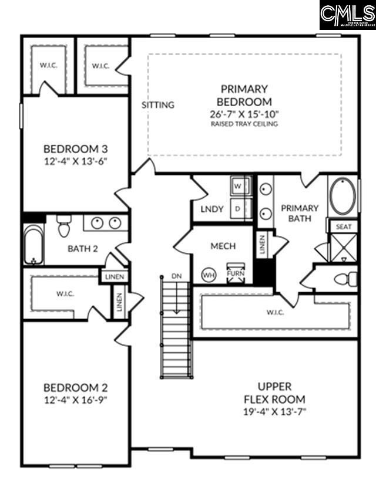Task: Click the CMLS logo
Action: [347, 15]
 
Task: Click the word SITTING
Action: [158, 105]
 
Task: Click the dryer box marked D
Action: [239, 208]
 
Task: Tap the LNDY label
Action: [211, 209]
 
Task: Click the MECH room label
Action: [223, 246]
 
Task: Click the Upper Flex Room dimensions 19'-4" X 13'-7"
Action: [275, 411]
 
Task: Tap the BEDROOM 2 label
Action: [76, 388]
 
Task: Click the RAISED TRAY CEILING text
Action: [244, 124]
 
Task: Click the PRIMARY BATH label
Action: [299, 214]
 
